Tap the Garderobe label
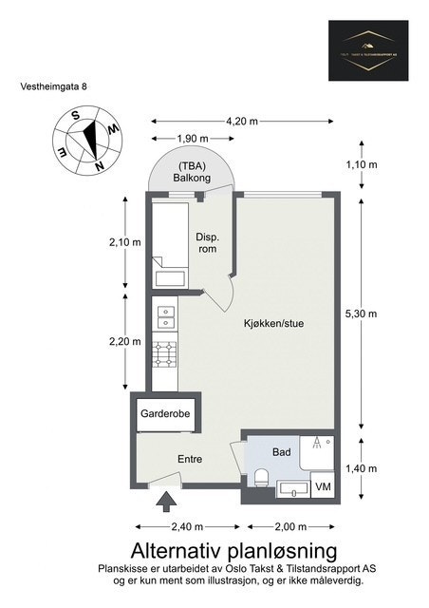coord(165,414)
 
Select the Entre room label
coord(191,459)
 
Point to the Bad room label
coord(281,452)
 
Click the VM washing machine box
coord(323,487)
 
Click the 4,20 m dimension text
coord(242,123)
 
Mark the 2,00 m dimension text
coord(289,526)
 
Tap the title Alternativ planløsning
coord(233,550)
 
